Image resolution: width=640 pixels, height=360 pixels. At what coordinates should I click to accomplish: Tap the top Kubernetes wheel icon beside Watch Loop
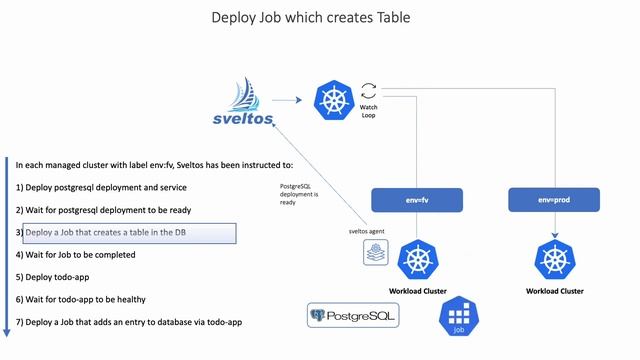[332, 99]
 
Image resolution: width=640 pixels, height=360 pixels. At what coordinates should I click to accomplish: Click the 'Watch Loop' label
[368, 111]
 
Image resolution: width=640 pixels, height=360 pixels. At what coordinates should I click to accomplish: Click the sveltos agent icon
[374, 254]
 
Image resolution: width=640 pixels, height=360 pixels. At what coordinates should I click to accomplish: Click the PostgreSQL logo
[352, 316]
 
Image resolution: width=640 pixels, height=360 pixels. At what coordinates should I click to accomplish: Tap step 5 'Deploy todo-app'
[58, 277]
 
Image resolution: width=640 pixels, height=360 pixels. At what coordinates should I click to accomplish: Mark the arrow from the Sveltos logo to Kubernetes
[287, 99]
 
